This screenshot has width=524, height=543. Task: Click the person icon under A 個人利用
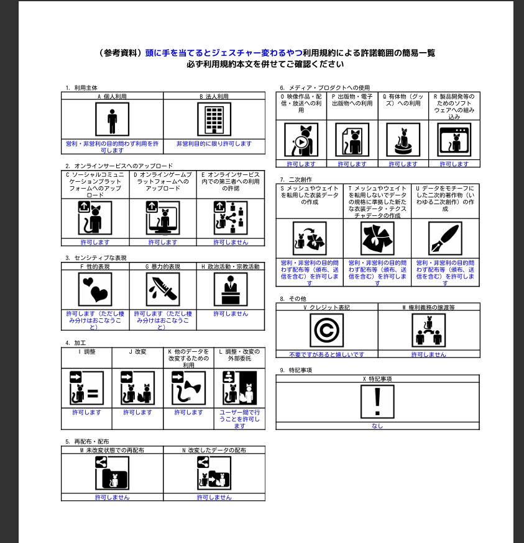(x=112, y=119)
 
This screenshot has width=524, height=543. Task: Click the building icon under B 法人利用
(x=214, y=119)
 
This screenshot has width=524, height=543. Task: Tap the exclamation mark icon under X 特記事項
(x=377, y=402)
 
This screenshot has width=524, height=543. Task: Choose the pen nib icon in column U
(x=445, y=238)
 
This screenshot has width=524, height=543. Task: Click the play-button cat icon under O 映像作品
(x=301, y=140)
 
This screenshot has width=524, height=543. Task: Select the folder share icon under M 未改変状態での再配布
(x=112, y=473)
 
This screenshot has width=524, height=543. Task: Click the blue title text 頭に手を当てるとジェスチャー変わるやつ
(x=219, y=53)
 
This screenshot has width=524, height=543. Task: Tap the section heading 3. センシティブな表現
(x=96, y=258)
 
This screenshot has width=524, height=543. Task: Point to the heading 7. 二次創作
(x=296, y=179)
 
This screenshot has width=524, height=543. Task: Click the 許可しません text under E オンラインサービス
(x=231, y=242)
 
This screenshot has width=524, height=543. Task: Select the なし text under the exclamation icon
(x=377, y=426)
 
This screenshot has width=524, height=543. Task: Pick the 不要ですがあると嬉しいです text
(x=326, y=354)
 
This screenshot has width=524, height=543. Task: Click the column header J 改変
(x=137, y=351)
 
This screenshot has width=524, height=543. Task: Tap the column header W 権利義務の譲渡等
(x=429, y=307)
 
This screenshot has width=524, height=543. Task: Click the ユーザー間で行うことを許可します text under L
(x=239, y=419)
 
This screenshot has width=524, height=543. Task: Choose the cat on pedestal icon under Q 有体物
(x=403, y=140)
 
